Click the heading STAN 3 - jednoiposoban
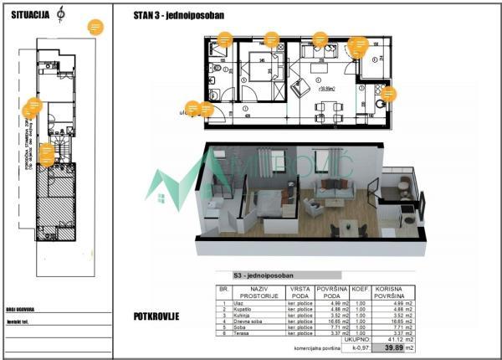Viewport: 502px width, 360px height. pyautogui.click(x=177, y=15)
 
